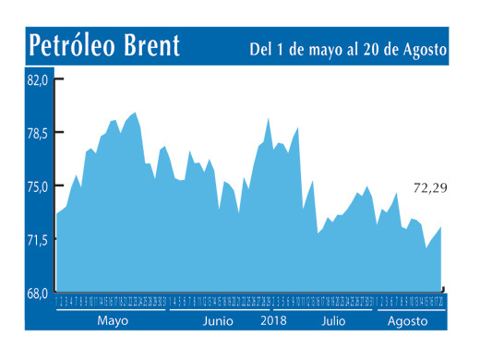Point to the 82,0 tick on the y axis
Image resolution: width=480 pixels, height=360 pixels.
[x=38, y=80]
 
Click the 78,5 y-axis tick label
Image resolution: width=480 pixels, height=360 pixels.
[x=38, y=133]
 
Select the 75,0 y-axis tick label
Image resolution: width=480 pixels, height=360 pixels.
[x=38, y=186]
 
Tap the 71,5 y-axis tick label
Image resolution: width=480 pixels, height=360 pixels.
[x=38, y=240]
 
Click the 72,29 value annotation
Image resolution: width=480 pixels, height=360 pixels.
[x=430, y=188]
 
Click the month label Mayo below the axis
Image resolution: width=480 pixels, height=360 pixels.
[x=112, y=321]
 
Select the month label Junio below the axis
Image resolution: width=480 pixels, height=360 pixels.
[x=218, y=321]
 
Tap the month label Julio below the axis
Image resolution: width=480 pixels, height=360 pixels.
[x=335, y=321]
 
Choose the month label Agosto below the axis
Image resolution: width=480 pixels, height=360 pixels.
[x=407, y=321]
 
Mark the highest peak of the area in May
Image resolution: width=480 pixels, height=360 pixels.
[x=136, y=113]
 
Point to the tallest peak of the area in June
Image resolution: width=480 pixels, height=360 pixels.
[x=268, y=119]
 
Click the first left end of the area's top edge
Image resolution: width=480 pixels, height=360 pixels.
[x=57, y=214]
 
